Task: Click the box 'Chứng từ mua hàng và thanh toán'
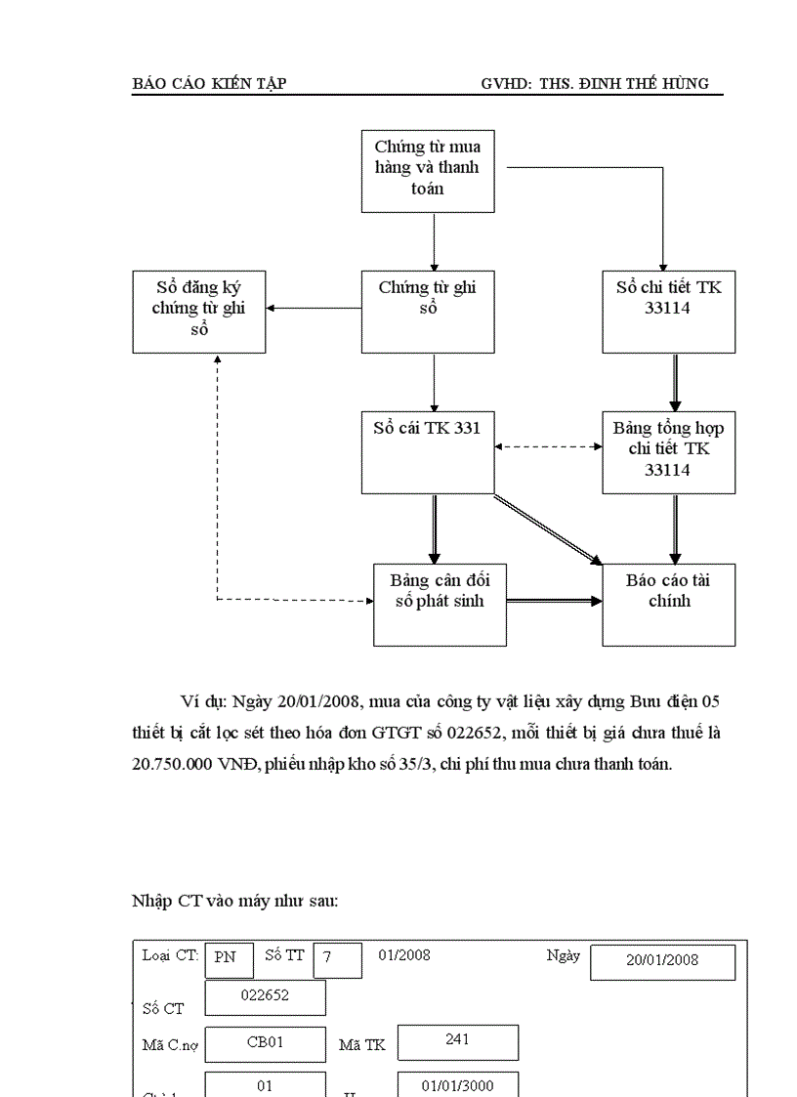(x=427, y=170)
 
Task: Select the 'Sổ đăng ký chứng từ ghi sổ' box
(x=199, y=311)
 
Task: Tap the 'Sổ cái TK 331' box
(x=427, y=451)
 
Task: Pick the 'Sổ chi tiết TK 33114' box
(x=668, y=311)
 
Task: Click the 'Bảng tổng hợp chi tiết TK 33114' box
(x=668, y=451)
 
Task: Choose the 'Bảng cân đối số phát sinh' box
(x=440, y=604)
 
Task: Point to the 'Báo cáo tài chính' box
(x=668, y=604)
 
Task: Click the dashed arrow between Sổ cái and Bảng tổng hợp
(x=547, y=446)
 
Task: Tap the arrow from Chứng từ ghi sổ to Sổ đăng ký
(x=313, y=308)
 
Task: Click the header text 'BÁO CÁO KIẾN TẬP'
(x=209, y=84)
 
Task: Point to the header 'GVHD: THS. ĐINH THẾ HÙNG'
(x=595, y=84)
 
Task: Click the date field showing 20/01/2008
(x=662, y=960)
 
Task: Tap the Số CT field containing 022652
(x=265, y=996)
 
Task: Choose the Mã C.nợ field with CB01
(x=265, y=1042)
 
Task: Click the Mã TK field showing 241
(x=457, y=1041)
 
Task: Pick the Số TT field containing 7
(x=337, y=959)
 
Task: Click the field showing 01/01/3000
(x=457, y=1085)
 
